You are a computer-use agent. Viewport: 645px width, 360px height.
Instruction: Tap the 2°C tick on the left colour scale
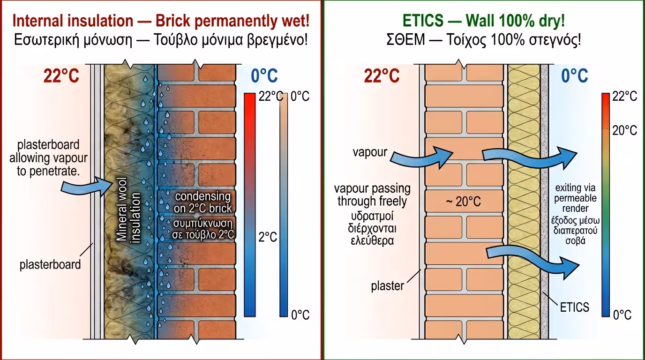268,237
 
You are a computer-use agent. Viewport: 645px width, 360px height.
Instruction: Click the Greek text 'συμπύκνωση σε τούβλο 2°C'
202,227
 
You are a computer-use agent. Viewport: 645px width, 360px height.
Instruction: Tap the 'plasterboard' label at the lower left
50,264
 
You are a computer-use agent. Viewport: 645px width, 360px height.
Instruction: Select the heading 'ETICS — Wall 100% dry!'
483,21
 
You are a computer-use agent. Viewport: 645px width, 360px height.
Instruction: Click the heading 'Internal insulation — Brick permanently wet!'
161,21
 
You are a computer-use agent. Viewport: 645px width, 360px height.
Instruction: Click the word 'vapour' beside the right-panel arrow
370,152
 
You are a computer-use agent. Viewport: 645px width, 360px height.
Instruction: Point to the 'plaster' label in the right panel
387,285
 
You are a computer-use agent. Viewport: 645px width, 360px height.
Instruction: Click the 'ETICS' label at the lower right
574,307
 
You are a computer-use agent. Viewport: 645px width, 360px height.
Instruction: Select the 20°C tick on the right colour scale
624,130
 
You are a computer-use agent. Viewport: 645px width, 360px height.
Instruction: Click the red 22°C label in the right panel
381,76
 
